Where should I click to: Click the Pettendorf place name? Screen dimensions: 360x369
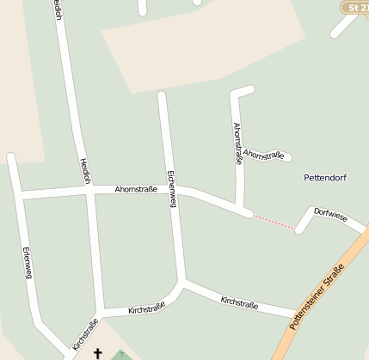tap(325, 178)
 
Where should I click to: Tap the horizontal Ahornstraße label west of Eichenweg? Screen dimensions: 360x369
tap(135, 189)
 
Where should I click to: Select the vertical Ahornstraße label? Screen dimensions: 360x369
tap(237, 143)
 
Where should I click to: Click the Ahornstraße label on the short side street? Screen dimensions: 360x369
tap(262, 154)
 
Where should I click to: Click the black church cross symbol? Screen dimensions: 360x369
tap(97, 352)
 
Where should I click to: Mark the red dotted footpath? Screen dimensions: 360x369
tap(274, 221)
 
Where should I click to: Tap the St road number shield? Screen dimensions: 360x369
tap(354, 7)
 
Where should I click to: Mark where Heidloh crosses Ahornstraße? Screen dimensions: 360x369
tap(89, 192)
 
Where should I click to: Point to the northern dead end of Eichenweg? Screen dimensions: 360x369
tap(162, 95)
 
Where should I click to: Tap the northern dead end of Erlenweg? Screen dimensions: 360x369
tap(11, 157)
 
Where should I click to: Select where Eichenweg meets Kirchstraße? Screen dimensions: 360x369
tap(182, 283)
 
